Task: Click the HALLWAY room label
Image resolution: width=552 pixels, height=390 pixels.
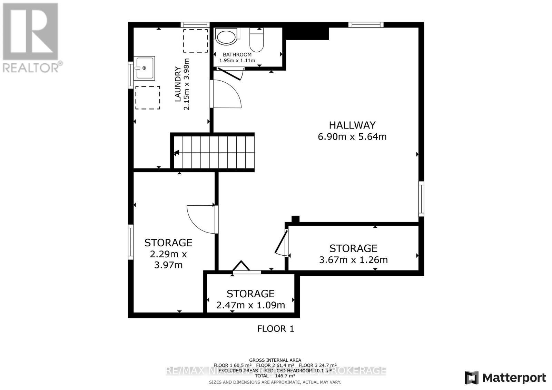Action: click(352, 125)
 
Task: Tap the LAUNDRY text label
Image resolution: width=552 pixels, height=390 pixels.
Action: click(178, 84)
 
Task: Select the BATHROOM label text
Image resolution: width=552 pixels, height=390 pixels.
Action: click(237, 54)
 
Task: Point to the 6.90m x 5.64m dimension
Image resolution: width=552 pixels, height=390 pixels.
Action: click(352, 137)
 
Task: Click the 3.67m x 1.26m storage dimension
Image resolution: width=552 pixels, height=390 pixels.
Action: click(353, 260)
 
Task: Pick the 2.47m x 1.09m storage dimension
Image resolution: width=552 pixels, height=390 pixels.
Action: click(250, 305)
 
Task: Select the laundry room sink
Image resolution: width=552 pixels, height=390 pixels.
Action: click(145, 68)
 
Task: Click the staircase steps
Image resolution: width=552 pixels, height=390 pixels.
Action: click(214, 152)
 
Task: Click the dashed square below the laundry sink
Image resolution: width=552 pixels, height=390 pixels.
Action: click(148, 97)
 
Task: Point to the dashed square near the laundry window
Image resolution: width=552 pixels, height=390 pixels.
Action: click(195, 41)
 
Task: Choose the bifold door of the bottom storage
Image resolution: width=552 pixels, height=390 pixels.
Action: click(241, 267)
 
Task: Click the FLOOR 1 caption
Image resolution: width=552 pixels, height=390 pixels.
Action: click(275, 329)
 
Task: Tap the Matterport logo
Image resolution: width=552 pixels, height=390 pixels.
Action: click(505, 378)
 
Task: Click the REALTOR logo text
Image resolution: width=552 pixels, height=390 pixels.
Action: click(33, 67)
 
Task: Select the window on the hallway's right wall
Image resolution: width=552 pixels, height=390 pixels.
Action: click(421, 199)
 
